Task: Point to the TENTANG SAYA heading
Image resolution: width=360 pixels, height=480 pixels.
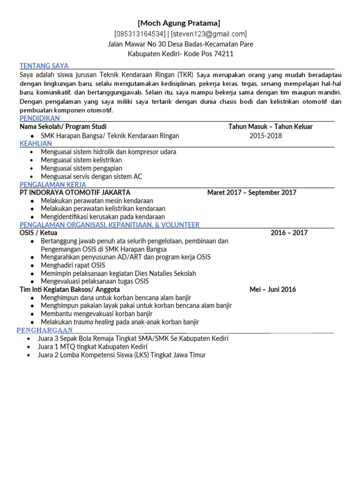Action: tap(44, 66)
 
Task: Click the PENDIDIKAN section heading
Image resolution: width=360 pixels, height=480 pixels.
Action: tap(39, 119)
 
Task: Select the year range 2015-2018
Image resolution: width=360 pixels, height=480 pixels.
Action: tap(266, 136)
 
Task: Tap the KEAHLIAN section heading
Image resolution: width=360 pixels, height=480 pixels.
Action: tap(36, 144)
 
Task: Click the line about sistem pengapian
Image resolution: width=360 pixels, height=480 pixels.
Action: tap(81, 168)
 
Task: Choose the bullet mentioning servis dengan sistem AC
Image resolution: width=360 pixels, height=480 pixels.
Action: tap(91, 176)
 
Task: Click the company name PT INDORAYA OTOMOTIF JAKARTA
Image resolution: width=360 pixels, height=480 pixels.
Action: tap(75, 193)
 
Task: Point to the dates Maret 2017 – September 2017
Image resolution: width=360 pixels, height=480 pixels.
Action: tap(252, 193)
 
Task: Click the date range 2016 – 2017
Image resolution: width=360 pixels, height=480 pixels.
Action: tap(289, 233)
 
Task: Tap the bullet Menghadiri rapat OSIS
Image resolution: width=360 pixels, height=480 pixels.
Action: tap(73, 265)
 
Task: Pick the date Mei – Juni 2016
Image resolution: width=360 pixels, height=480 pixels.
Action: tap(273, 289)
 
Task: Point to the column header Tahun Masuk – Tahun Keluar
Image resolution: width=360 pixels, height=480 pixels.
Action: tap(270, 127)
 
